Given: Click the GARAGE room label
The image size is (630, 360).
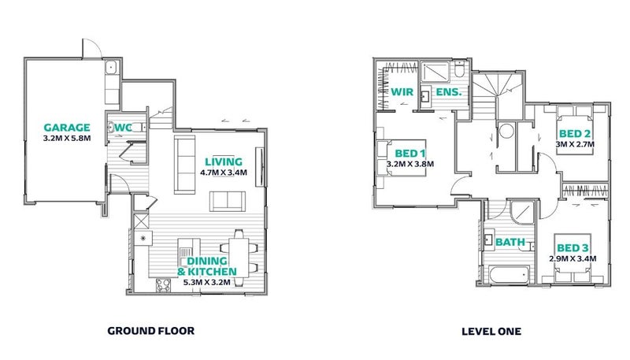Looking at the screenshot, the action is [67, 128].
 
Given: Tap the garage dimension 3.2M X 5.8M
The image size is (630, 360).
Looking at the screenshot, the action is [67, 138].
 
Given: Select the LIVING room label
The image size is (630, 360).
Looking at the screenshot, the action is [224, 162].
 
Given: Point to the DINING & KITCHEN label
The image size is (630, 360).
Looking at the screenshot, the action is [207, 266].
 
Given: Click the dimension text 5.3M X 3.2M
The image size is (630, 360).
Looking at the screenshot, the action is [207, 283].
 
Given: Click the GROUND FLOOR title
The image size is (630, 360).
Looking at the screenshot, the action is [151, 331].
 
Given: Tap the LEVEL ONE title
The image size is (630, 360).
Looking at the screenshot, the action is [491, 332].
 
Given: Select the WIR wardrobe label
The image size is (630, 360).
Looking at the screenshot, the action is [402, 92].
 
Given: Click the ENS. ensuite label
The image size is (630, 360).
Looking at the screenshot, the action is [449, 92].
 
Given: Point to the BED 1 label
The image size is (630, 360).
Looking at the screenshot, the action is [409, 154].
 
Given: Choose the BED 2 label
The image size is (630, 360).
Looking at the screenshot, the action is [575, 134].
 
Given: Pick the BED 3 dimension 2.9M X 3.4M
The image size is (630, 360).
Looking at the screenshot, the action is [573, 258].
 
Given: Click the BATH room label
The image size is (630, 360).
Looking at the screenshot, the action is [510, 243].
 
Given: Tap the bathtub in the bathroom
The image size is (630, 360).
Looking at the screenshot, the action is [508, 275].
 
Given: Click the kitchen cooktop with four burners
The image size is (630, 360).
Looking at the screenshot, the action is [163, 285].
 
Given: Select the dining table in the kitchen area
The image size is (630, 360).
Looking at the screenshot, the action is [239, 258].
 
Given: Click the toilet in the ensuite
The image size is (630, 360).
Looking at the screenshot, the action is [460, 69].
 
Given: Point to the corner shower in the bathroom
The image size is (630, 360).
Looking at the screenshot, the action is [522, 212].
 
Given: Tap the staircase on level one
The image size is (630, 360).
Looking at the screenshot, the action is [498, 95].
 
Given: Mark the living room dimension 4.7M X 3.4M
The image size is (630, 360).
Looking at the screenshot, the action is [224, 173].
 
